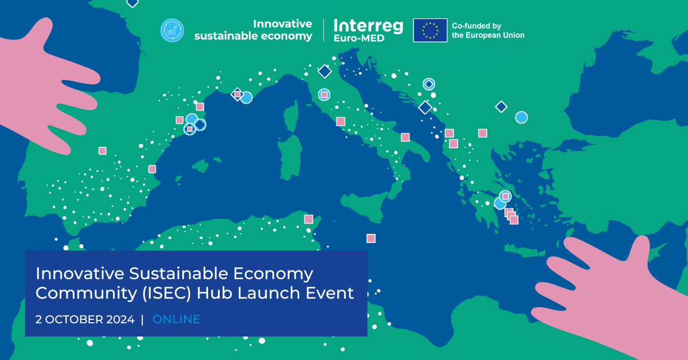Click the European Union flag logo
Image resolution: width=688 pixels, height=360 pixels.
pyautogui.click(x=430, y=30)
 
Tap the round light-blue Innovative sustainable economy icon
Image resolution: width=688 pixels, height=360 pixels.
pyautogui.click(x=172, y=30)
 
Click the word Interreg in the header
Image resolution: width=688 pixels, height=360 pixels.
pyautogui.click(x=368, y=26)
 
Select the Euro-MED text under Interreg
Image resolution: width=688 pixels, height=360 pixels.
pyautogui.click(x=359, y=38)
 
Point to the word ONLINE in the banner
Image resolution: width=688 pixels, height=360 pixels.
pyautogui.click(x=177, y=319)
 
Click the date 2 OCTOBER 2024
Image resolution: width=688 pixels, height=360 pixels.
pyautogui.click(x=85, y=319)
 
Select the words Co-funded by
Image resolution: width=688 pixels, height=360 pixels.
pyautogui.click(x=476, y=26)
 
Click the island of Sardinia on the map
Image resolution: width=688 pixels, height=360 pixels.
pyautogui.click(x=290, y=156)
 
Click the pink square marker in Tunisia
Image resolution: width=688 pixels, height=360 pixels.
pyautogui.click(x=308, y=219)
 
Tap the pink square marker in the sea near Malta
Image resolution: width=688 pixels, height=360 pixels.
pyautogui.click(x=371, y=238)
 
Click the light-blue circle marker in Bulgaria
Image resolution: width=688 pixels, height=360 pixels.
pyautogui.click(x=521, y=118)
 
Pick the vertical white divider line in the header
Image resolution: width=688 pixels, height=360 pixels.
pyautogui.click(x=323, y=30)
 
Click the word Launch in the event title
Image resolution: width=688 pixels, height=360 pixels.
pyautogui.click(x=268, y=293)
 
